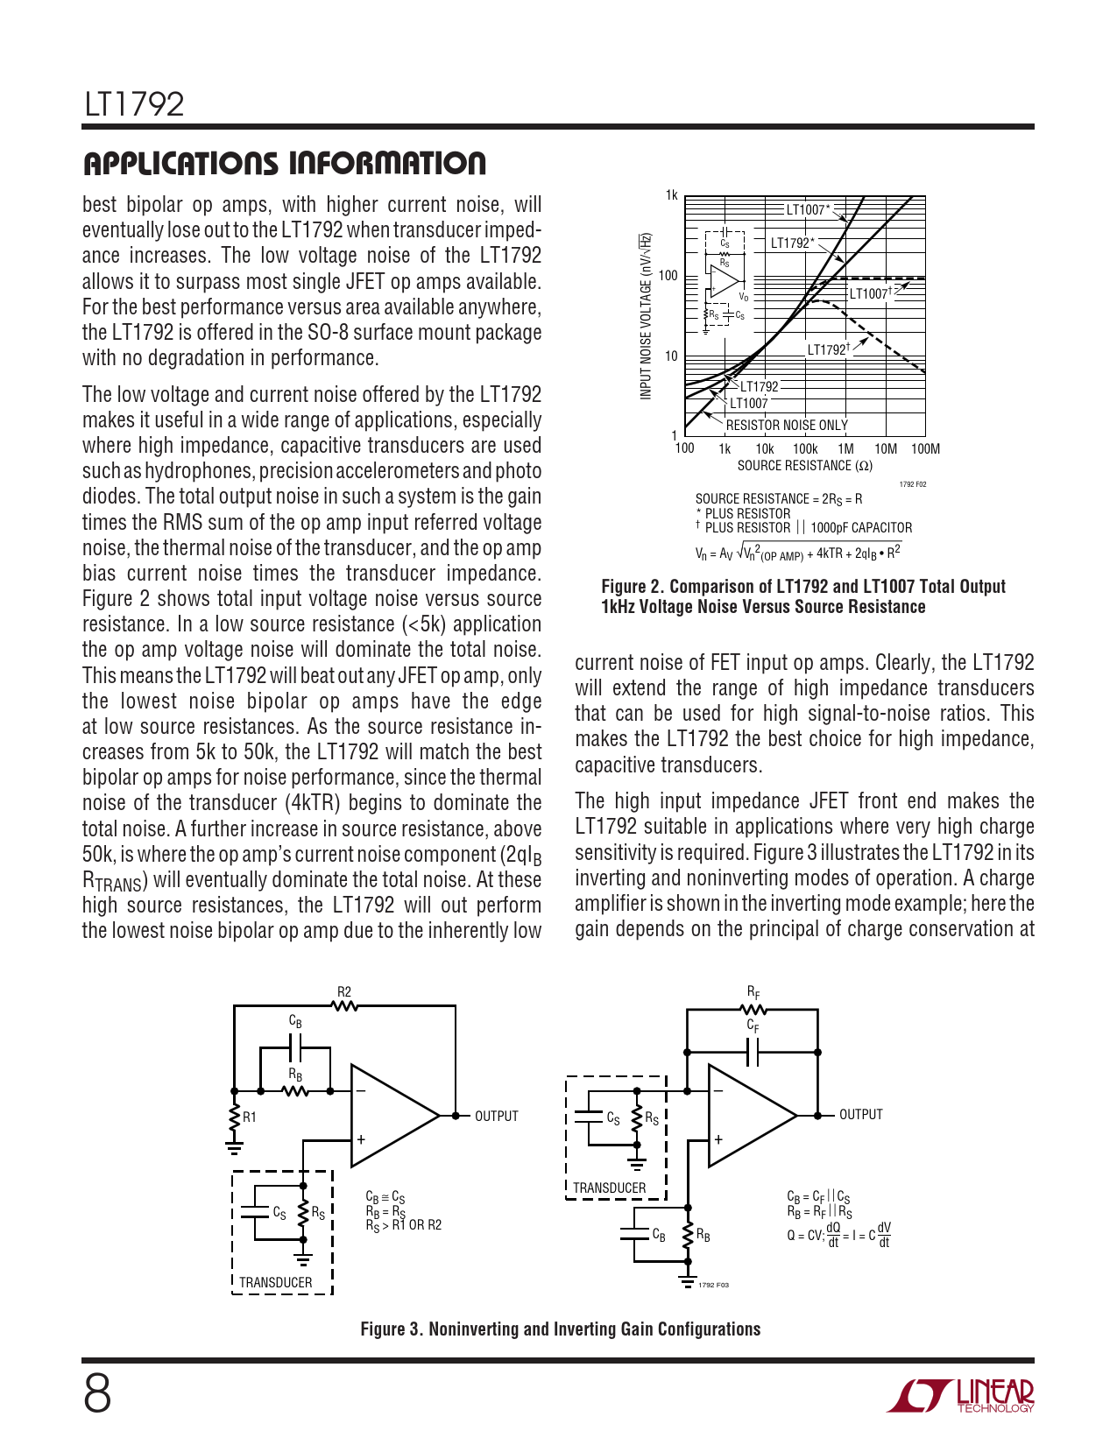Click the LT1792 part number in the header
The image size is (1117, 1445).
pyautogui.click(x=134, y=104)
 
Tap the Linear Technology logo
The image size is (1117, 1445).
pyautogui.click(x=960, y=1395)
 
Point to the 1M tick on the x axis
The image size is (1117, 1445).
pyautogui.click(x=845, y=449)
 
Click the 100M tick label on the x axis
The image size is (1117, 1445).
pyautogui.click(x=925, y=449)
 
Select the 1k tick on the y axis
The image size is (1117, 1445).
pyautogui.click(x=672, y=195)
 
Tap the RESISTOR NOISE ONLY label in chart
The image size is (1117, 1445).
pyautogui.click(x=787, y=426)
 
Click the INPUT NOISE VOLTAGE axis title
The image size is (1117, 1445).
pyautogui.click(x=646, y=316)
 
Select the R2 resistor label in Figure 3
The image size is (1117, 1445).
pyautogui.click(x=344, y=992)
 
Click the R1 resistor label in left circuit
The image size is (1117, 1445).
pyautogui.click(x=250, y=1117)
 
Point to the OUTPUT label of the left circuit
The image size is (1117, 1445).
pyautogui.click(x=497, y=1116)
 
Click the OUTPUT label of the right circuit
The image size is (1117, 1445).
pyautogui.click(x=861, y=1114)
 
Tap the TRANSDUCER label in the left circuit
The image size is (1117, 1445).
pyautogui.click(x=275, y=1282)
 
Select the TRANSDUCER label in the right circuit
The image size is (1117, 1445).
pyautogui.click(x=609, y=1188)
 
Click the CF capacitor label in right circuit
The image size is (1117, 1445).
pyautogui.click(x=753, y=1026)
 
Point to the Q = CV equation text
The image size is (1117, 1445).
pyautogui.click(x=838, y=1235)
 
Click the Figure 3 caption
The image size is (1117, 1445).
pyautogui.click(x=560, y=1329)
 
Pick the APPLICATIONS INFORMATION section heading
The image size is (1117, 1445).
pyautogui.click(x=284, y=164)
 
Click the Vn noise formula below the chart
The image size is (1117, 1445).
pyautogui.click(x=797, y=553)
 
